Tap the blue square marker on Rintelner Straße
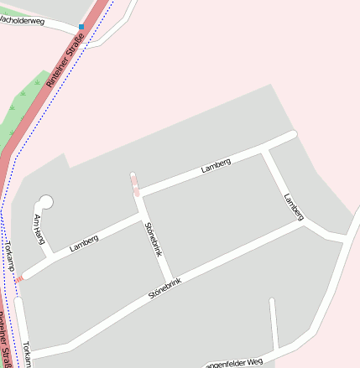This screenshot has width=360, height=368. pyautogui.click(x=81, y=27)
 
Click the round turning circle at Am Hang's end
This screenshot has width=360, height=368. pyautogui.click(x=45, y=201)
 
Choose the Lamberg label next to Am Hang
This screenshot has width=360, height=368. pyautogui.click(x=84, y=243)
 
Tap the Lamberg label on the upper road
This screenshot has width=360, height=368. pyautogui.click(x=216, y=165)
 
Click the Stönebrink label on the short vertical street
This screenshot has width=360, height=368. pyautogui.click(x=152, y=238)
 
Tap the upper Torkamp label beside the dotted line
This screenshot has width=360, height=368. pyautogui.click(x=10, y=255)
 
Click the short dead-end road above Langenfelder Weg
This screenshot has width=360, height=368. pyautogui.click(x=274, y=323)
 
